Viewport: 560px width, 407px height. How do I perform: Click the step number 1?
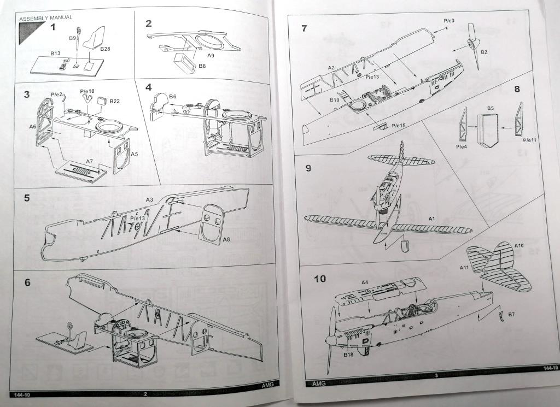coord(53,27)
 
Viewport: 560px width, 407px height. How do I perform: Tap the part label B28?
coord(105,49)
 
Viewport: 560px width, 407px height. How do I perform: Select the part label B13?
coord(55,53)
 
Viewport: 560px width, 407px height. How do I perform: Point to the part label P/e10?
coord(87,91)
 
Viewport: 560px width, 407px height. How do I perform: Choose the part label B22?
coord(115,101)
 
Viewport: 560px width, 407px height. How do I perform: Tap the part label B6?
coord(173,96)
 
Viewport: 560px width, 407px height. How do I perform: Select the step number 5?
coord(27,198)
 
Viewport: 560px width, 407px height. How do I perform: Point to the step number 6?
coord(27,282)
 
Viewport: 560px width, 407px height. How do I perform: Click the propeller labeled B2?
coord(472,46)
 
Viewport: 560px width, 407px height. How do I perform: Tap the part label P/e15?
coord(399,126)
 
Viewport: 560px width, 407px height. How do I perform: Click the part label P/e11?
coord(530,140)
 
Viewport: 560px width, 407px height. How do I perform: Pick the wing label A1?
coord(431,219)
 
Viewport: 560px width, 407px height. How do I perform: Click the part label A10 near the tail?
coord(519,246)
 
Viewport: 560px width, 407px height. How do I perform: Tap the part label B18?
coord(348,355)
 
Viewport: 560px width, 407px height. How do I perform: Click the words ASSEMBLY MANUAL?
coord(45,17)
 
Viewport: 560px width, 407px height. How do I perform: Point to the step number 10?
coord(319,279)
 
